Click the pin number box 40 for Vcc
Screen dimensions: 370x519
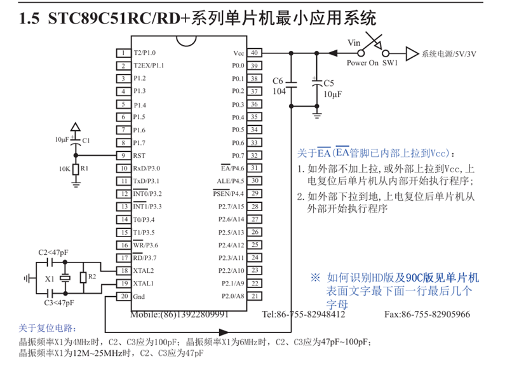[253, 53]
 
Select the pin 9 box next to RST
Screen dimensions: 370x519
[122, 155]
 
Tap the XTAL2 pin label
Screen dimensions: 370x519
[144, 270]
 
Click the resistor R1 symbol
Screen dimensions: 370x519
[76, 169]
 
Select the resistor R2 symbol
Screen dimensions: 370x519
[83, 277]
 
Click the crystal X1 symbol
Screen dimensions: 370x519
[64, 278]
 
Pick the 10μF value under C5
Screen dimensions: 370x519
[333, 93]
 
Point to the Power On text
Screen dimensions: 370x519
[362, 63]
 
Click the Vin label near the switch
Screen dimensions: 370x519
[354, 43]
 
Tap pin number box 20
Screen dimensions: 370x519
[122, 296]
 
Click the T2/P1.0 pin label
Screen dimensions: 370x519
[144, 53]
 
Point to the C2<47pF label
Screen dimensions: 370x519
[52, 252]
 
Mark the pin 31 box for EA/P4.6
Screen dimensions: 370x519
[253, 168]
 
